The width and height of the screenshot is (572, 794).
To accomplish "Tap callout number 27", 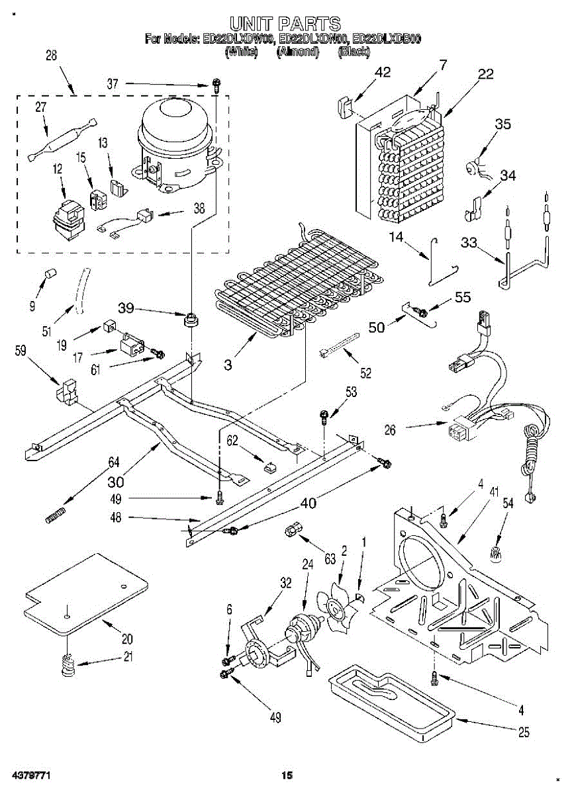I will (40, 108).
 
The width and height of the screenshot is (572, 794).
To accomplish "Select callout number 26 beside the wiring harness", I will (390, 430).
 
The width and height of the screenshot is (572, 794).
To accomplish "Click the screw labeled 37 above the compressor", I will (216, 84).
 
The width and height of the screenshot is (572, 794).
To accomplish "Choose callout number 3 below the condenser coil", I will (227, 364).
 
